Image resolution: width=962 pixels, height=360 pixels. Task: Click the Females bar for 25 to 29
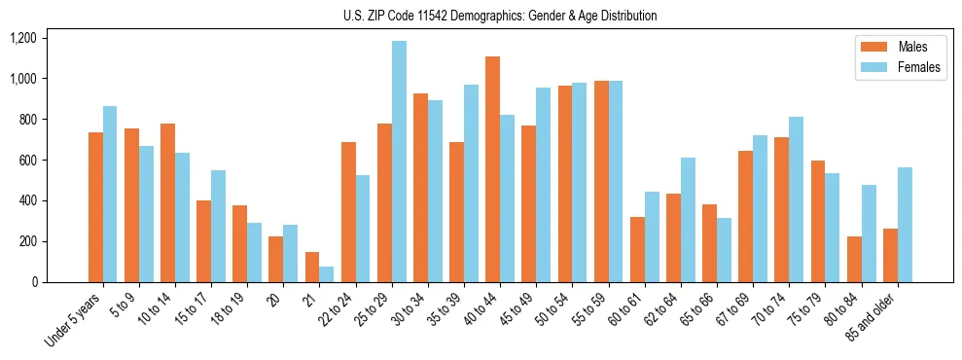pyautogui.click(x=399, y=162)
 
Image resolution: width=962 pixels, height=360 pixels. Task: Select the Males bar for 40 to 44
pyautogui.click(x=492, y=169)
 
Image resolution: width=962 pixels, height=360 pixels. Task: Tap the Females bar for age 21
pyautogui.click(x=327, y=274)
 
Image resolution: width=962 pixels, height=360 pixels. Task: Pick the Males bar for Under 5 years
pyautogui.click(x=95, y=207)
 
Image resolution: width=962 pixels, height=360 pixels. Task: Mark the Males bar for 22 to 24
pyautogui.click(x=348, y=212)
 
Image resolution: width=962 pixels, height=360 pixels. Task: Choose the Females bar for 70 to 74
pyautogui.click(x=796, y=199)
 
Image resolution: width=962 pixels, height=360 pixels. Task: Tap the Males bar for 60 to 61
pyautogui.click(x=637, y=249)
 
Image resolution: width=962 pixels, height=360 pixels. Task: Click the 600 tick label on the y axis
pyautogui.click(x=26, y=160)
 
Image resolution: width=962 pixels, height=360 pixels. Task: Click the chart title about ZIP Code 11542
pyautogui.click(x=500, y=16)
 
